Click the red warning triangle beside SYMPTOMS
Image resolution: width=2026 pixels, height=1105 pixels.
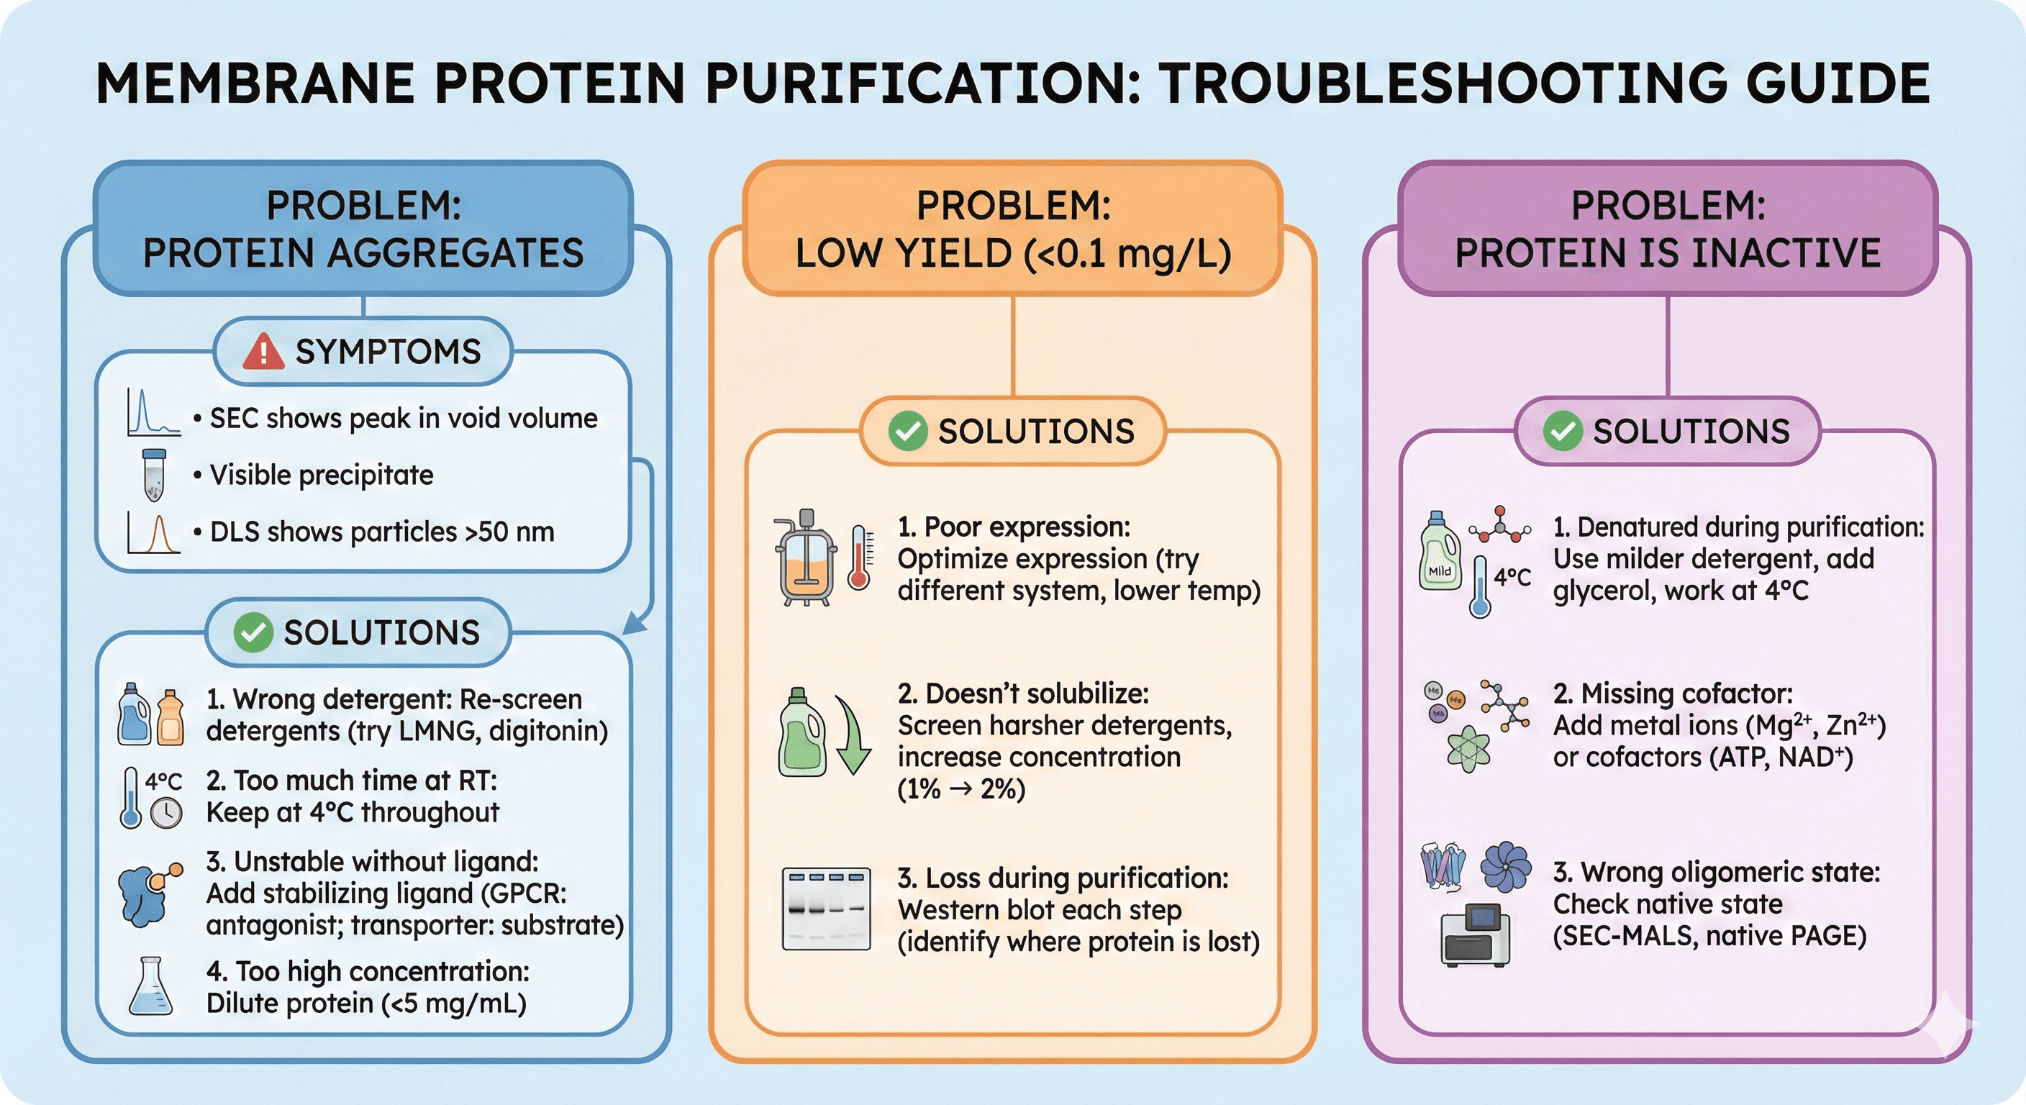[x=263, y=352]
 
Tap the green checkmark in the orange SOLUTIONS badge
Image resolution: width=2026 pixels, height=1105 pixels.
[x=908, y=431]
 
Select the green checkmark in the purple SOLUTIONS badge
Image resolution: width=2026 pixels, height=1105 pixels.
[x=1563, y=431]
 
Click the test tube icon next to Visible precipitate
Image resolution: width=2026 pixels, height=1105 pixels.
[x=154, y=474]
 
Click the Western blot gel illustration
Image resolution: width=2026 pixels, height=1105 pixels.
[x=826, y=909]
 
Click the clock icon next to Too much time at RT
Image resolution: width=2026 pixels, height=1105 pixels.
[x=167, y=812]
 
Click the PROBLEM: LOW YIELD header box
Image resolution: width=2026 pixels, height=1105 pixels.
[x=1012, y=229]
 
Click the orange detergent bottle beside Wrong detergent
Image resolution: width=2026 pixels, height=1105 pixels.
[x=171, y=718]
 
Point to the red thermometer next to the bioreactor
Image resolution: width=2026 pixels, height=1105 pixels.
[x=859, y=558]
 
